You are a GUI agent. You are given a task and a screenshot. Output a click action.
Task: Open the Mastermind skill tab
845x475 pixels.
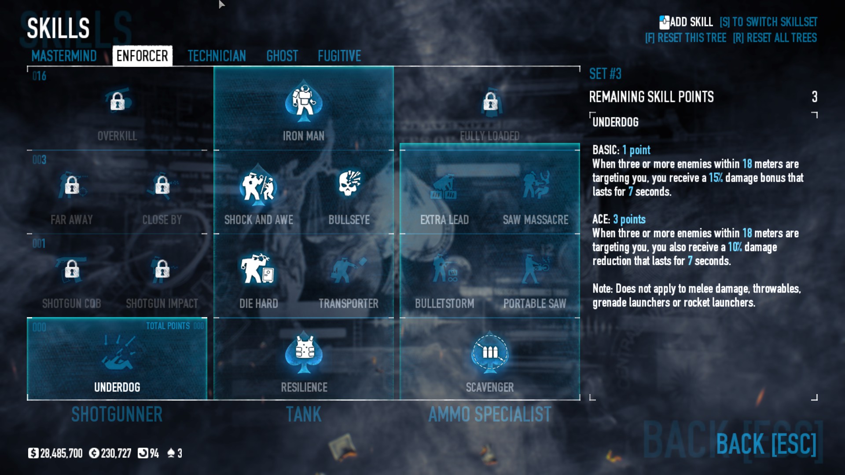(64, 56)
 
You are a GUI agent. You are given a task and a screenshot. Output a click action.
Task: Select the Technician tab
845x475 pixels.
(217, 56)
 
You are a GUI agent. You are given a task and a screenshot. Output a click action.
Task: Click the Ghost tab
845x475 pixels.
(282, 56)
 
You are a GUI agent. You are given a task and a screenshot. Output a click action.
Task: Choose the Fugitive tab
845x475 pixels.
(339, 56)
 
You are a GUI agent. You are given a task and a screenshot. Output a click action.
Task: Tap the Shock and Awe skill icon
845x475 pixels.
(258, 186)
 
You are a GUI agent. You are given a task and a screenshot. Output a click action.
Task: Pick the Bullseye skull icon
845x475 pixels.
(349, 184)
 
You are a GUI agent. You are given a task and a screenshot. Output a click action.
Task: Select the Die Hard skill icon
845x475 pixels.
(257, 269)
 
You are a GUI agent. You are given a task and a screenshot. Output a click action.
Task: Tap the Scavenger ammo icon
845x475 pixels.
(490, 352)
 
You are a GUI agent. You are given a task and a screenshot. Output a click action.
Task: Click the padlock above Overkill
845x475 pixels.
(117, 101)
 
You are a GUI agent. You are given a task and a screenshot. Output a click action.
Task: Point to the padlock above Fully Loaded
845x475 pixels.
(490, 102)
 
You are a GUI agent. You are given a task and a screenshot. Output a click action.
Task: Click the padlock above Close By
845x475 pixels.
(162, 185)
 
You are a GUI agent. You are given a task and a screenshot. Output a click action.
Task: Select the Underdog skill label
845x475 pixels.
(117, 387)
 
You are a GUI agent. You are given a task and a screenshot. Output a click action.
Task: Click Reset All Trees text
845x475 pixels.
(775, 38)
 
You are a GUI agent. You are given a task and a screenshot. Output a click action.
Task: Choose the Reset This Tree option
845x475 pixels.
(685, 38)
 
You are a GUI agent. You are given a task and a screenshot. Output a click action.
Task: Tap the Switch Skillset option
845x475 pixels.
(768, 22)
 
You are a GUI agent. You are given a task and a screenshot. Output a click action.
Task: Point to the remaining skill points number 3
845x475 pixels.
(814, 97)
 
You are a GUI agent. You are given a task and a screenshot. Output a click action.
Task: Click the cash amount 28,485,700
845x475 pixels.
(61, 453)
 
